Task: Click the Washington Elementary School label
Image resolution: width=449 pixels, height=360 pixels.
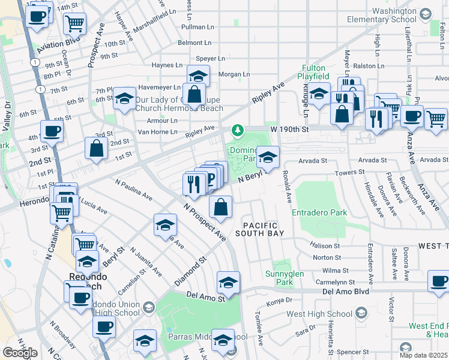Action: [x=394, y=15]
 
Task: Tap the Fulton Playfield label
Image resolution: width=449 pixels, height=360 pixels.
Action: [x=314, y=73]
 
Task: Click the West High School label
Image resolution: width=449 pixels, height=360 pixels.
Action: [x=319, y=313]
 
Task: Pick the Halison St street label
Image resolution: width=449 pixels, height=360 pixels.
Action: [x=325, y=245]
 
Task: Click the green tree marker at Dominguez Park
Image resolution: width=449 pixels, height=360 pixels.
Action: [x=238, y=130]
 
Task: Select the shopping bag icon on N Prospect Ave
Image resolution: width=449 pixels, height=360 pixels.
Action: [x=221, y=207]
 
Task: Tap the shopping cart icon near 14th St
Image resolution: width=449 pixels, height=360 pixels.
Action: [x=74, y=24]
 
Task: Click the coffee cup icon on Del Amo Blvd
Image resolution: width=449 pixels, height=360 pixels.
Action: [x=439, y=281]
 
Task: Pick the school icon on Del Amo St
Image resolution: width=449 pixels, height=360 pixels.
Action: [x=228, y=282]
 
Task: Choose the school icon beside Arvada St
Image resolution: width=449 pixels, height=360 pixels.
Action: [x=268, y=157]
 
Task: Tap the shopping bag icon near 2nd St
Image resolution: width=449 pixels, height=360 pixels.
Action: [x=96, y=148]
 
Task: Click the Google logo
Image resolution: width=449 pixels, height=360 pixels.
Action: [x=20, y=353]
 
